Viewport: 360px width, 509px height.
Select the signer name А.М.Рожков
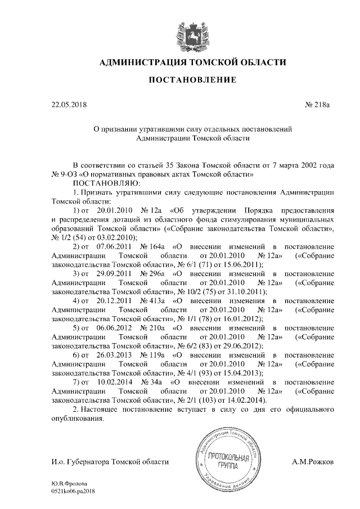click(x=313, y=461)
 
